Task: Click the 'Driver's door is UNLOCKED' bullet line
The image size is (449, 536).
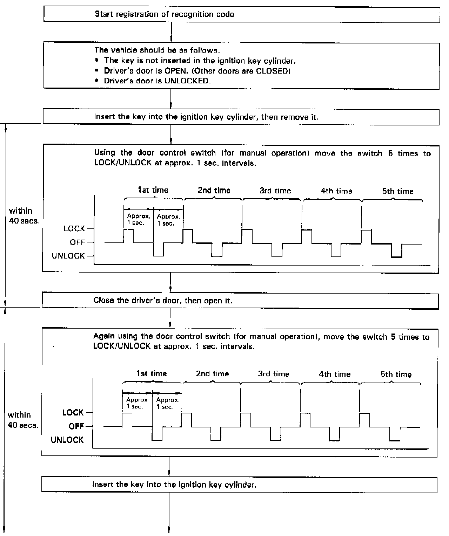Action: (x=157, y=81)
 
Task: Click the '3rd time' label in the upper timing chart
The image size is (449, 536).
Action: (x=275, y=191)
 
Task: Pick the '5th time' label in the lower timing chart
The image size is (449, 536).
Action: (x=396, y=374)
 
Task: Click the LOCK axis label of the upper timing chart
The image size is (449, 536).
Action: (x=74, y=229)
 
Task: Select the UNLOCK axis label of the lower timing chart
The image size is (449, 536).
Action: (x=67, y=440)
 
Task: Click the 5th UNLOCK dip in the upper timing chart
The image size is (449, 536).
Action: (x=397, y=250)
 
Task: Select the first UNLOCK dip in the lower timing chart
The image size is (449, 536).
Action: (x=157, y=434)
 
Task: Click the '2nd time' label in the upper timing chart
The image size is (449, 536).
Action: (x=214, y=191)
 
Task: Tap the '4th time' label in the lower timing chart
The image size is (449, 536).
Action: (x=335, y=374)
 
